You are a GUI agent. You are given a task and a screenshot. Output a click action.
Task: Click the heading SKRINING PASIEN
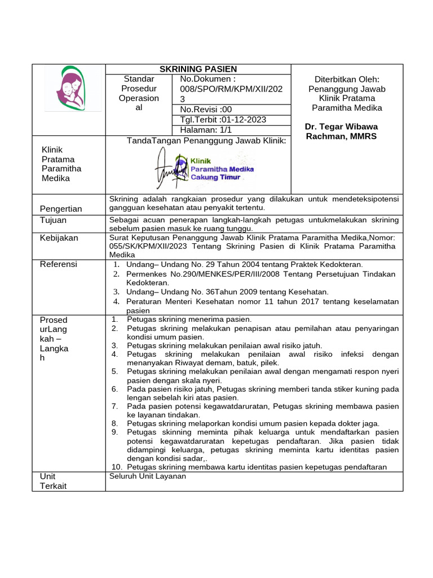pyautogui.click(x=198, y=69)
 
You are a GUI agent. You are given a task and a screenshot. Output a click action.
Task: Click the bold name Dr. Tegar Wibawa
pyautogui.click(x=341, y=126)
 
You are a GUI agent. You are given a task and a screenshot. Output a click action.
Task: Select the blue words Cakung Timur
pyautogui.click(x=215, y=177)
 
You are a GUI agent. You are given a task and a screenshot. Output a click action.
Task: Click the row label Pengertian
pyautogui.click(x=61, y=209)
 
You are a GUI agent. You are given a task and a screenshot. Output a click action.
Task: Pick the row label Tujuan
pyautogui.click(x=53, y=220)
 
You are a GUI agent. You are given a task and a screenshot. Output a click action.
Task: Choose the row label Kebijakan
pyautogui.click(x=59, y=238)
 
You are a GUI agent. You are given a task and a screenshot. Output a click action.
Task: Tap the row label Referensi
pyautogui.click(x=59, y=264)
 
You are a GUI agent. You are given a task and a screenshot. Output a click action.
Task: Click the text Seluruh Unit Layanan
pyautogui.click(x=148, y=476)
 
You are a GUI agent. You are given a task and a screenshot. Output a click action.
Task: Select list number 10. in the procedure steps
pyautogui.click(x=117, y=467)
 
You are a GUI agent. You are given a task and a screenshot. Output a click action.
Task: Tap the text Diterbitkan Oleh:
pyautogui.click(x=347, y=80)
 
